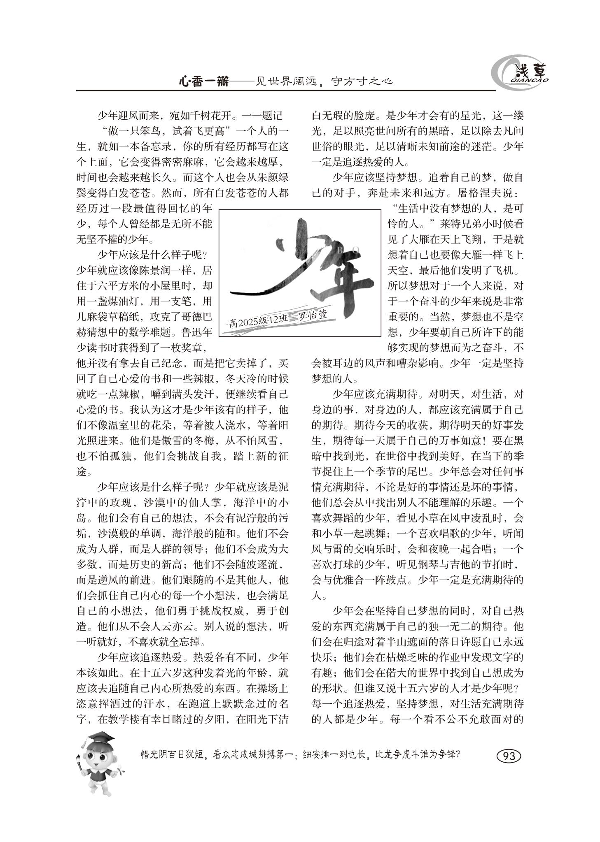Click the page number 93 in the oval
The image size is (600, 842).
pos(509,756)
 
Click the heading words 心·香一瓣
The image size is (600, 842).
pos(203,81)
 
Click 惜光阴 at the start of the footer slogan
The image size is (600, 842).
pos(153,755)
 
